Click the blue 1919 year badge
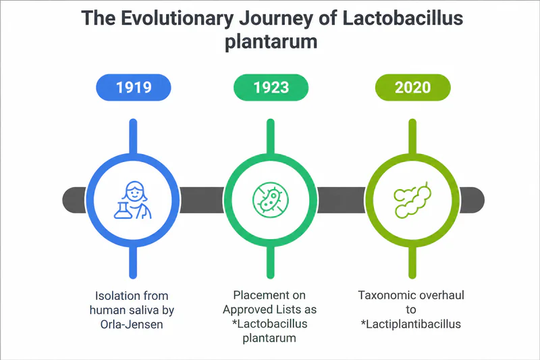click(133, 87)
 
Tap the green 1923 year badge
click(271, 87)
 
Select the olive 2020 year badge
click(412, 87)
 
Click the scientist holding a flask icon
click(133, 200)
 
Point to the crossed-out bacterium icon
click(271, 200)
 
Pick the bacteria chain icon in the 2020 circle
click(412, 200)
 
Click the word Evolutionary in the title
click(177, 19)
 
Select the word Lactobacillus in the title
click(402, 18)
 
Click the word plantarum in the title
click(271, 42)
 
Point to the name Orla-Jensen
click(132, 324)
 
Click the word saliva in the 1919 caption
click(143, 310)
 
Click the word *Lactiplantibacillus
click(411, 324)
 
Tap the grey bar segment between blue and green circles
click(202, 200)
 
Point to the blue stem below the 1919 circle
click(133, 262)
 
